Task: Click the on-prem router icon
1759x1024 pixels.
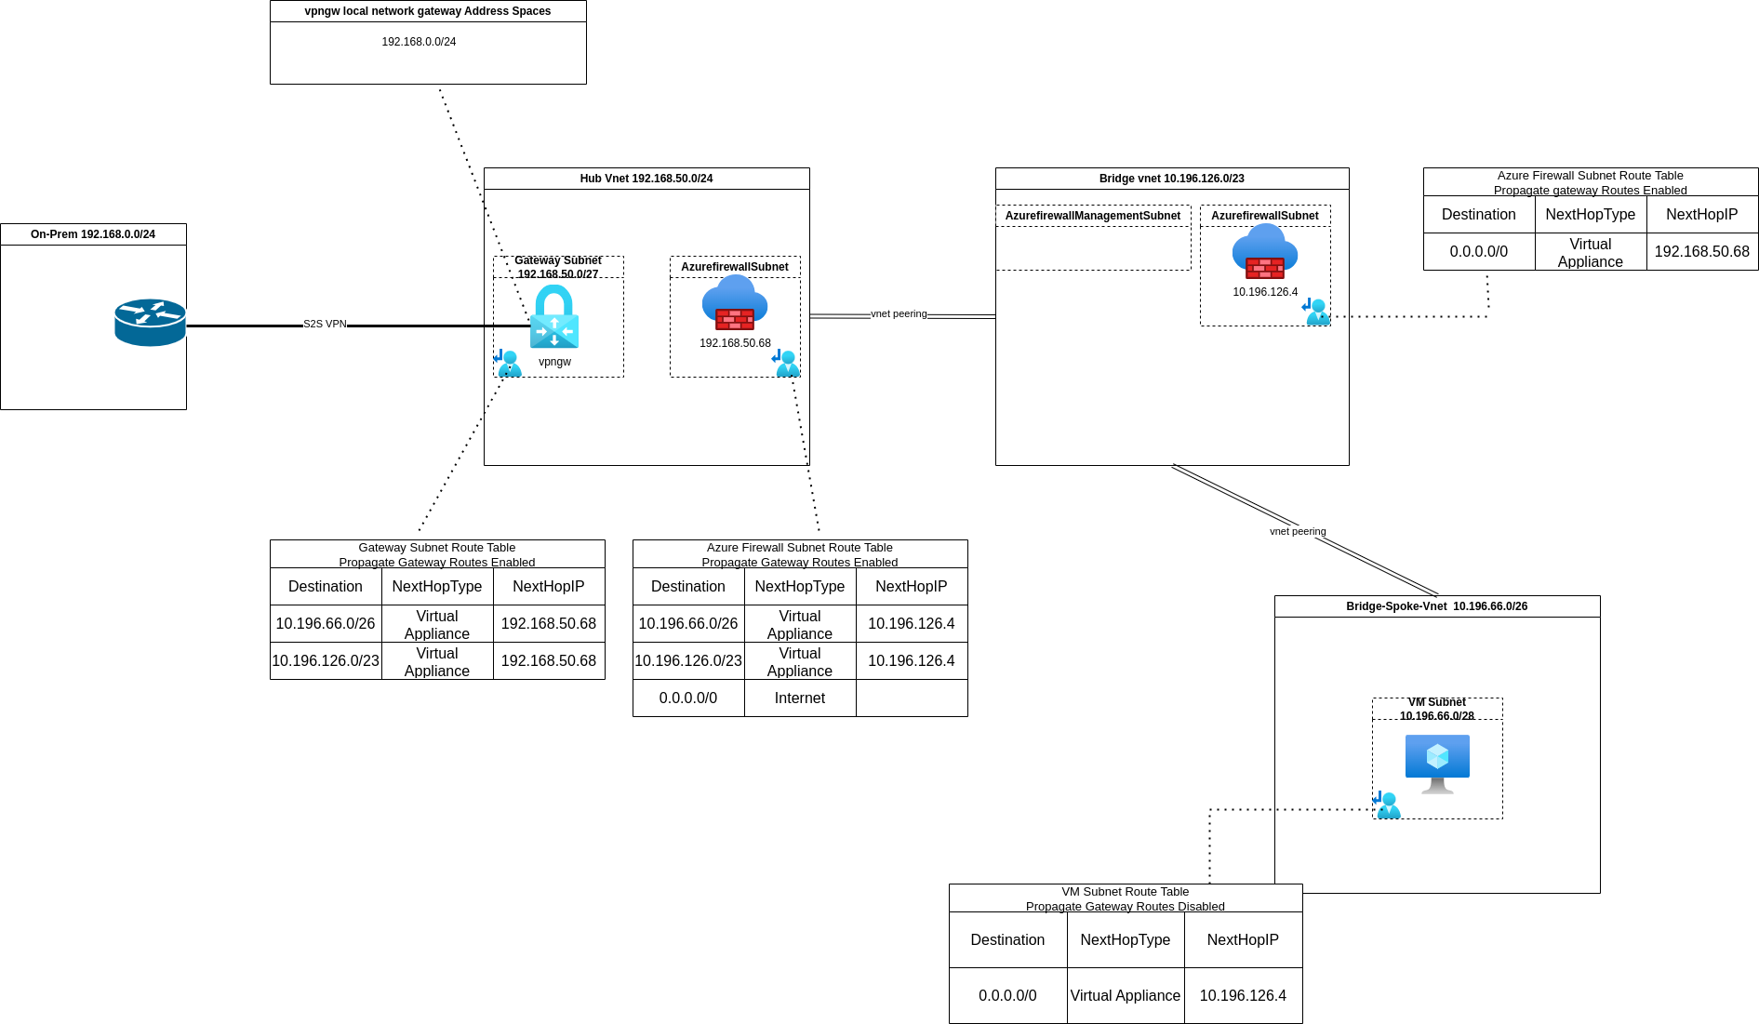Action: (150, 322)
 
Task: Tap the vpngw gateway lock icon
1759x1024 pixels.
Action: (554, 317)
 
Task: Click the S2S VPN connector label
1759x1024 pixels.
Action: (325, 325)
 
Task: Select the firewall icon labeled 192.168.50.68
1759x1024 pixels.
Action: (735, 303)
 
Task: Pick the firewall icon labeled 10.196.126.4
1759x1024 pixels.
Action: (1265, 252)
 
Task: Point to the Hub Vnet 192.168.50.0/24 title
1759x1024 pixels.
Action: (646, 179)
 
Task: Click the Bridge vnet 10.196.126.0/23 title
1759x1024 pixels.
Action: (1171, 179)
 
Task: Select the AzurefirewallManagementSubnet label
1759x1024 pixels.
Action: (1092, 216)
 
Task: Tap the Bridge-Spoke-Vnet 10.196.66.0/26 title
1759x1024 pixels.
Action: (1436, 606)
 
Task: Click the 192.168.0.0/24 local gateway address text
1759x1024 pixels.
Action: (419, 42)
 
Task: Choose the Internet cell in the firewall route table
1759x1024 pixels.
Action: (799, 698)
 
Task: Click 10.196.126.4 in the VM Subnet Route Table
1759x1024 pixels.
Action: (1243, 996)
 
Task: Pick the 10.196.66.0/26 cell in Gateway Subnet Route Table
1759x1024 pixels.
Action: (326, 624)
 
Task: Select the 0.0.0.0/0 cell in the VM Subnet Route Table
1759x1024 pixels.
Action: (1007, 996)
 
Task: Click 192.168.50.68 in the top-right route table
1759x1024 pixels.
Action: (1701, 252)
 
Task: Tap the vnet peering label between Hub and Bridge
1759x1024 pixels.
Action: (899, 314)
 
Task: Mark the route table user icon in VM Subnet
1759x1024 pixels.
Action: (1387, 805)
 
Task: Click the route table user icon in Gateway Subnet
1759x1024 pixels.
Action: (508, 363)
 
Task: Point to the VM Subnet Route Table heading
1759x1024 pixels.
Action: (1125, 892)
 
